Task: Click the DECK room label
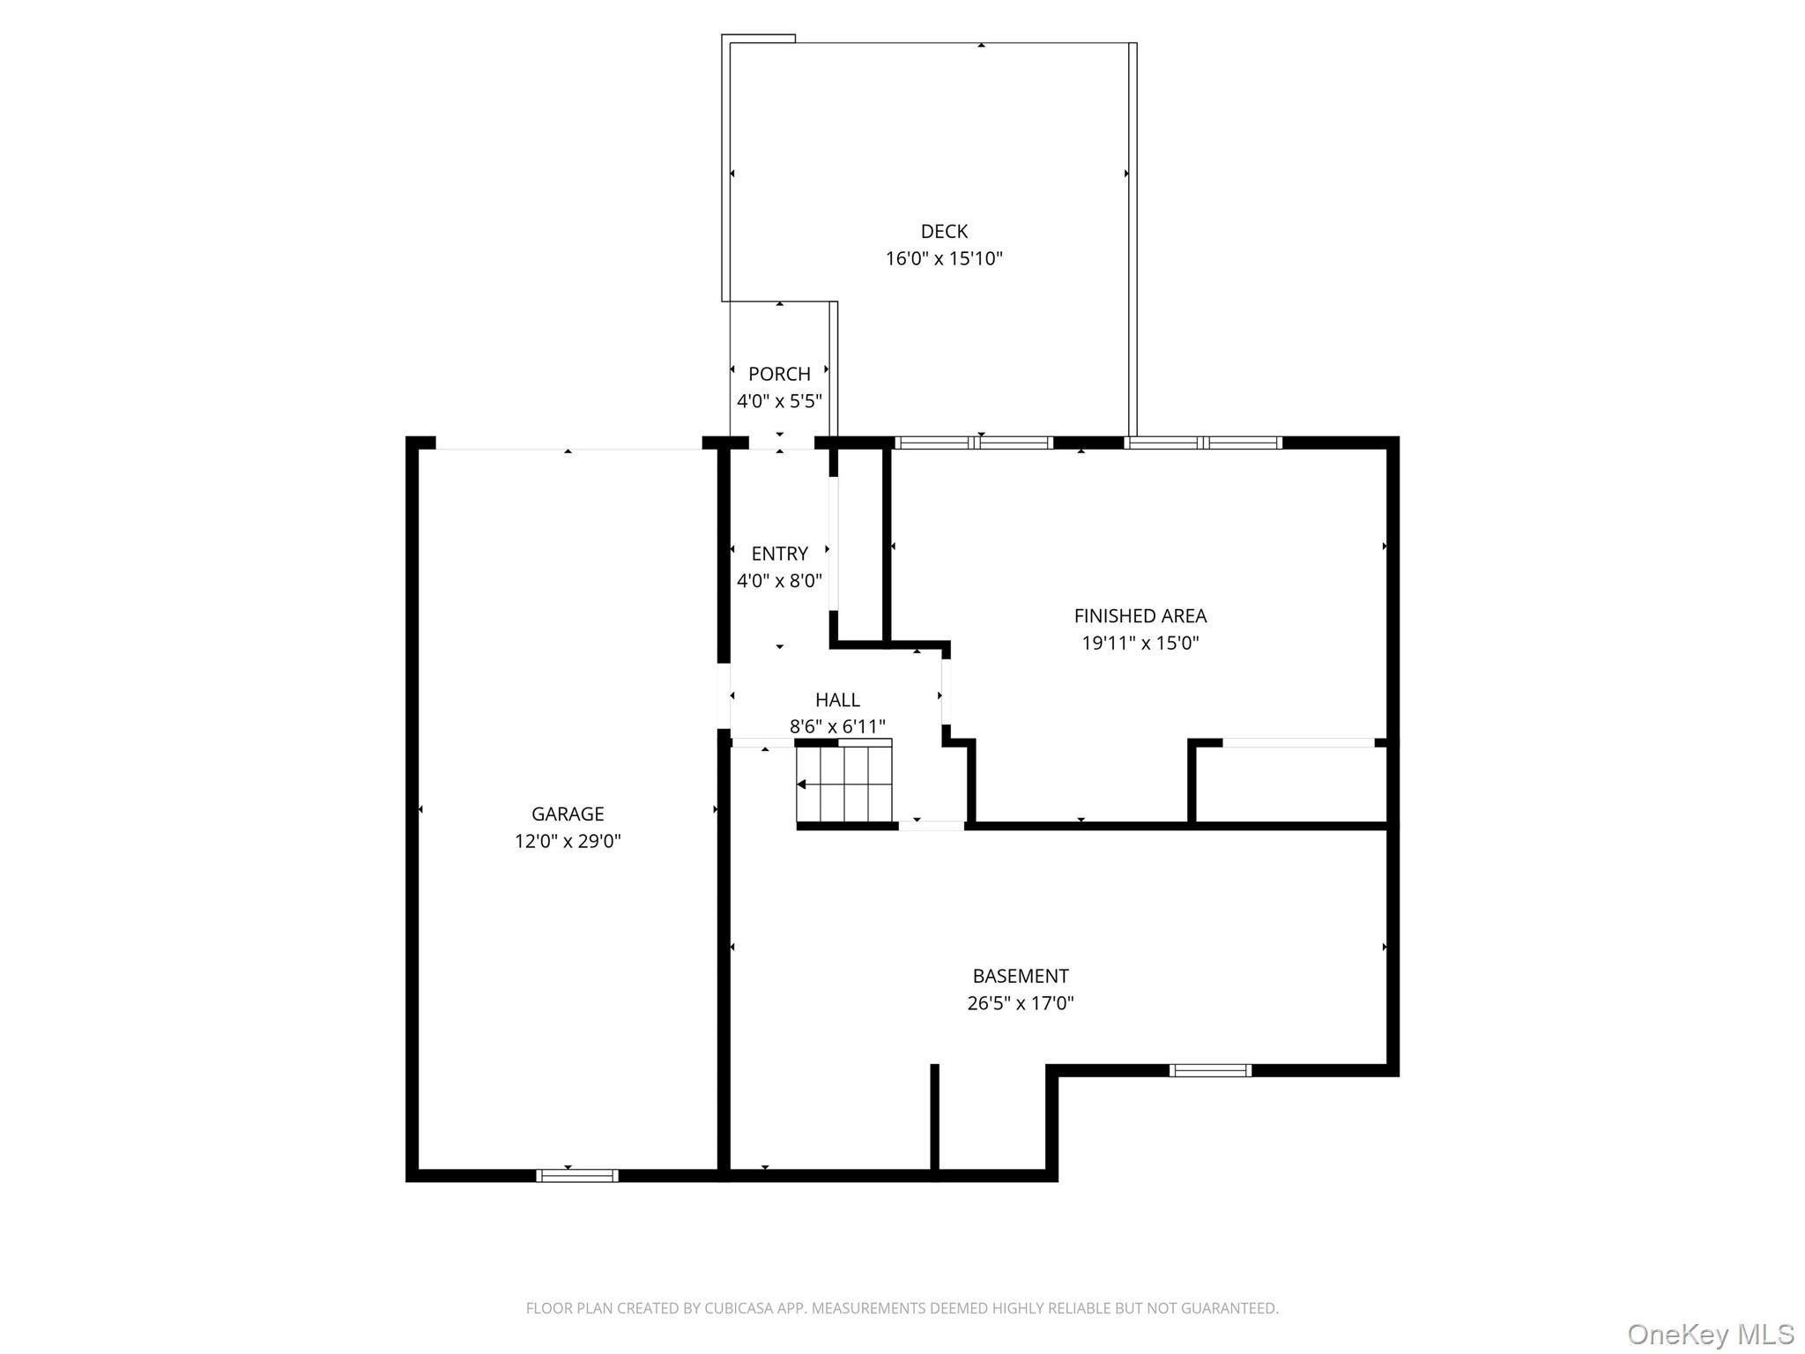coord(944,231)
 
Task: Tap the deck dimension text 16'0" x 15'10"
coord(944,258)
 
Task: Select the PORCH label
coord(779,374)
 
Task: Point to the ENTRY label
coord(779,554)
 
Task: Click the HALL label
coord(837,700)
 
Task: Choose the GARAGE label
coord(568,814)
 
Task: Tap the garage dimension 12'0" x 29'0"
coord(568,841)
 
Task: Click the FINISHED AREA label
coord(1140,616)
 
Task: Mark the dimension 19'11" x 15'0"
coord(1140,644)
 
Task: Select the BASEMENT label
coord(1021,976)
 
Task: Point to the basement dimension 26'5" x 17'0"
coord(1021,1003)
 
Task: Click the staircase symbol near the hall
coord(844,784)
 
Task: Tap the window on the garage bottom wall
coord(577,1175)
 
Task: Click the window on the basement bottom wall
coord(1210,1070)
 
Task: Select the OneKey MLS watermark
coord(1710,1334)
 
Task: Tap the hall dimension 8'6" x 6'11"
coord(837,726)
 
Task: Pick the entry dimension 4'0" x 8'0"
coord(779,581)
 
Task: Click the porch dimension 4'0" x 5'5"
coord(779,401)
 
